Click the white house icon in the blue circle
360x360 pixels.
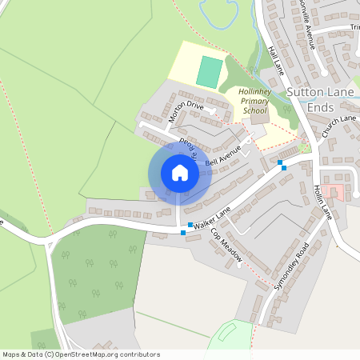[180, 173]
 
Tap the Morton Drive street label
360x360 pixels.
[186, 112]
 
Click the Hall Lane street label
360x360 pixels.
[277, 60]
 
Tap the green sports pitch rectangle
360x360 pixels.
[209, 72]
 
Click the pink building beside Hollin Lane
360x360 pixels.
[334, 192]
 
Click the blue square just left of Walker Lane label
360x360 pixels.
[190, 225]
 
